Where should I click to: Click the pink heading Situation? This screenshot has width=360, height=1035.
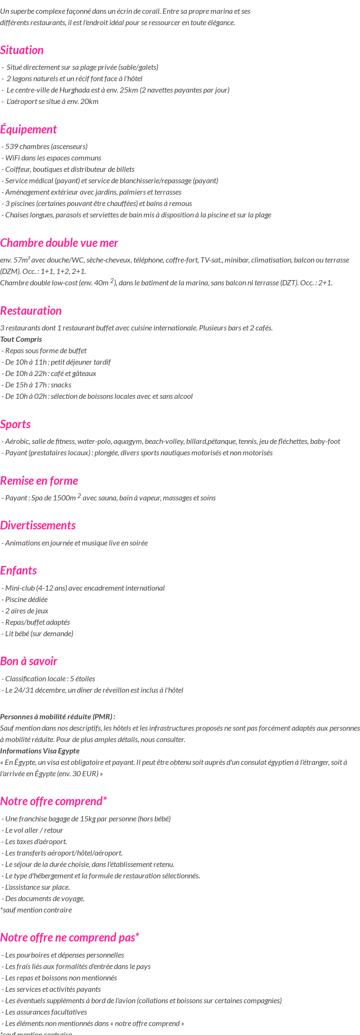tap(22, 50)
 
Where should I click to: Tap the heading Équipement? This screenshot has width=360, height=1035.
tap(28, 130)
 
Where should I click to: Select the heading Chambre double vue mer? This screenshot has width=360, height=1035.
tap(59, 243)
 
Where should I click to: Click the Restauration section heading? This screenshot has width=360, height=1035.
tap(31, 311)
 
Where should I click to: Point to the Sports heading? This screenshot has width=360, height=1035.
tap(15, 424)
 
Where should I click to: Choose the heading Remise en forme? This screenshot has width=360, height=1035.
tap(39, 481)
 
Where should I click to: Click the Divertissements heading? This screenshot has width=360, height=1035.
tap(38, 526)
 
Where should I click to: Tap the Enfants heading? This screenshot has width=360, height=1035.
tap(19, 571)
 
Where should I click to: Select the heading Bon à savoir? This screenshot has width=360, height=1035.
tap(28, 661)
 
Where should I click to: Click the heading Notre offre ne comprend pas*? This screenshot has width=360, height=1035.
tap(69, 938)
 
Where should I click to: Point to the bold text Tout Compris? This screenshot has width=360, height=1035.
tap(21, 339)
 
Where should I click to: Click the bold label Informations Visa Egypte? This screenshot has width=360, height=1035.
tap(40, 751)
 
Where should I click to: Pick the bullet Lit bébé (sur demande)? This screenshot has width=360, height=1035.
tap(38, 634)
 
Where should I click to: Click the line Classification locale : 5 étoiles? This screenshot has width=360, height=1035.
tap(48, 679)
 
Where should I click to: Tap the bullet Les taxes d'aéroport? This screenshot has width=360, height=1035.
tap(35, 842)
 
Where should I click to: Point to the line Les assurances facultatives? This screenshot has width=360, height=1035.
tap(45, 1012)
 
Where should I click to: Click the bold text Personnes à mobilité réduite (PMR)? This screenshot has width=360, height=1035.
tap(57, 717)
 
